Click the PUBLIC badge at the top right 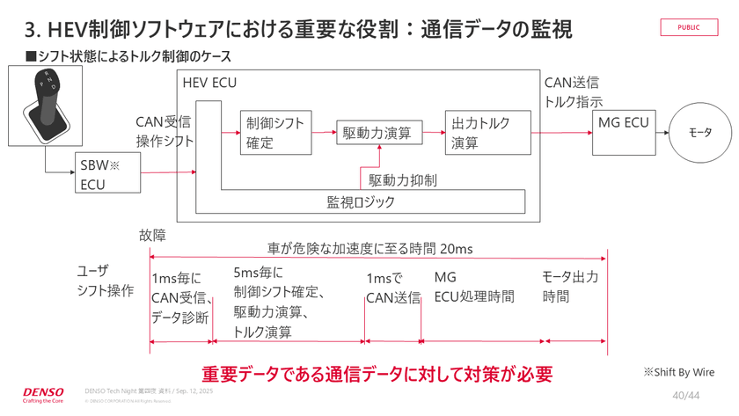point(689,27)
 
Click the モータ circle point(699,134)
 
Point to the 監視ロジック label point(361,201)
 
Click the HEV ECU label point(209,83)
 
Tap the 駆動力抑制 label point(402,180)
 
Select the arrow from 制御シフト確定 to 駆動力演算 point(320,134)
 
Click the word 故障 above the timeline point(151,236)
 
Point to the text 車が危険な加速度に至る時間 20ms point(369,249)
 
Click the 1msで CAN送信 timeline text point(392,288)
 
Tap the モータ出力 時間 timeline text point(569,287)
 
